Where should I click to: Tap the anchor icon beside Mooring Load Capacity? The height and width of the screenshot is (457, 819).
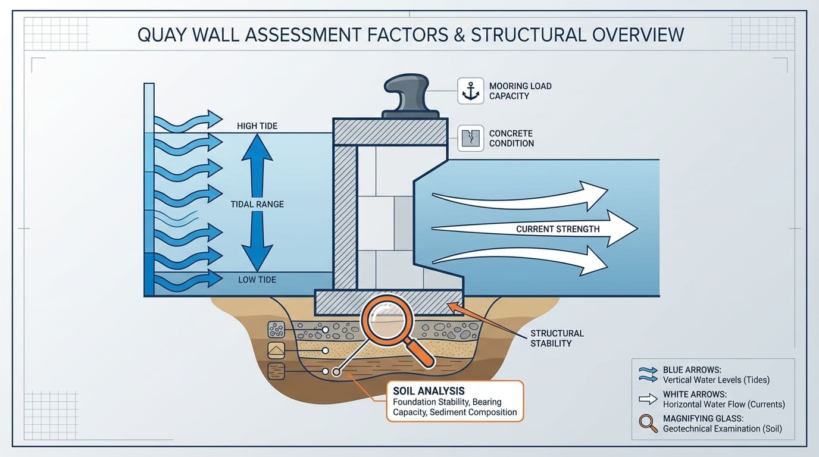click(471, 91)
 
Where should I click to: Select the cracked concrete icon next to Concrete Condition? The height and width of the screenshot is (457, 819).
click(471, 138)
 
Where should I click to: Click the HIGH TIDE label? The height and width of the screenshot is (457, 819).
click(257, 126)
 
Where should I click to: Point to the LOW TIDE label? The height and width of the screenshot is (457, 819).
click(257, 280)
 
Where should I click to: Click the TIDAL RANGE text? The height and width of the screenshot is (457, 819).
click(257, 204)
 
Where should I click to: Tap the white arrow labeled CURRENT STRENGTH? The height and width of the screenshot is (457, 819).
click(536, 229)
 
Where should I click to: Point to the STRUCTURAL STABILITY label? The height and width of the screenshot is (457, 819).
click(557, 338)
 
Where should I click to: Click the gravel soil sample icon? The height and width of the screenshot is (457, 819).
click(276, 329)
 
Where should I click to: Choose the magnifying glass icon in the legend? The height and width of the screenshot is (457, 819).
click(646, 422)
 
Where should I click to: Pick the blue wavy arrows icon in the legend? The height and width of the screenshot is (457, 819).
click(647, 373)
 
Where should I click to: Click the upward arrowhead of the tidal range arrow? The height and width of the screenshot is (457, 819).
click(257, 149)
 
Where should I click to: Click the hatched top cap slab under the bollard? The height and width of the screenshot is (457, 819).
click(390, 132)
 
